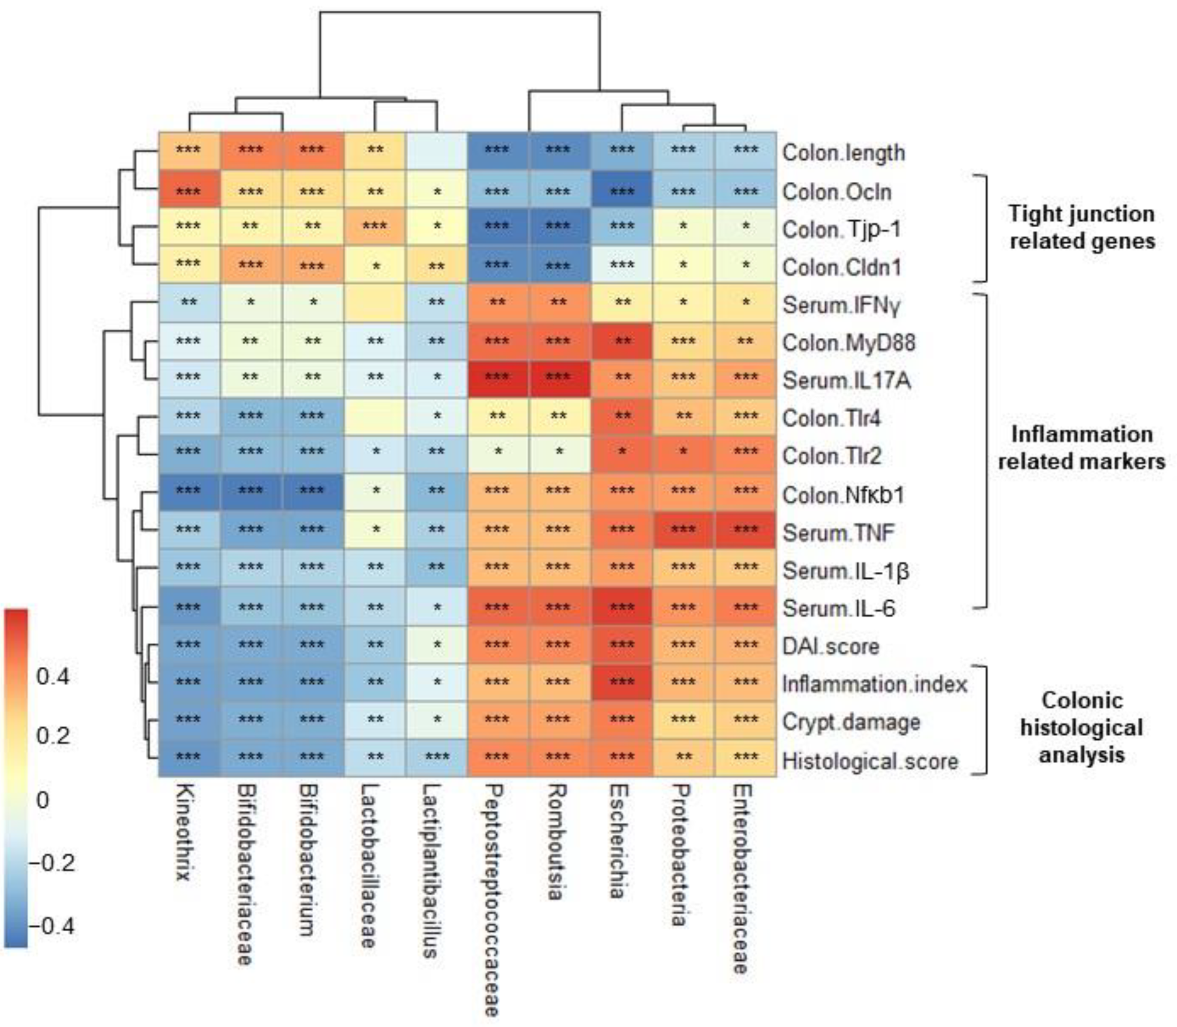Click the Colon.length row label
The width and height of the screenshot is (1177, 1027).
point(844,153)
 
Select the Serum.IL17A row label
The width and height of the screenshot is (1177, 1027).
point(846,381)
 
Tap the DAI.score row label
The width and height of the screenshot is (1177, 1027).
point(830,646)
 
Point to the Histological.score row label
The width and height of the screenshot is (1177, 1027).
point(870,761)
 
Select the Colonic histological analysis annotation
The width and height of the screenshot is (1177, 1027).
point(1082,728)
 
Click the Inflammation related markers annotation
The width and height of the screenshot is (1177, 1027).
point(1082,448)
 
